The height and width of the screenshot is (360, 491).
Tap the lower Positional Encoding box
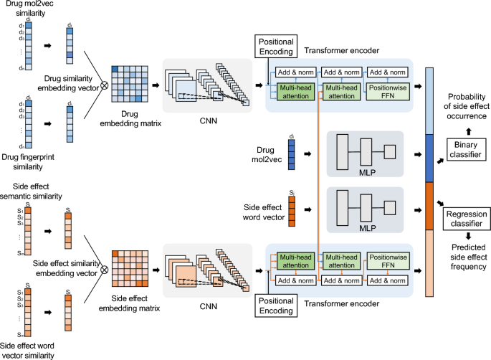tap(276, 308)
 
